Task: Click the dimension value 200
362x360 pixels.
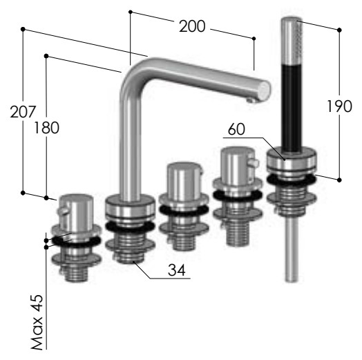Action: tap(192, 26)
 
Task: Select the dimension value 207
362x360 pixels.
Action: tap(23, 112)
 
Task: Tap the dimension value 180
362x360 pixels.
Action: tap(47, 128)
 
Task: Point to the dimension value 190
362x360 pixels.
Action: tap(340, 106)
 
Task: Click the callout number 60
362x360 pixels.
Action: tap(236, 129)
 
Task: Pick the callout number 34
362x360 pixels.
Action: tap(177, 269)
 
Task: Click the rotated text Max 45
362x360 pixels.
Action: tap(37, 322)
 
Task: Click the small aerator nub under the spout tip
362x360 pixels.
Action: tap(250, 100)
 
